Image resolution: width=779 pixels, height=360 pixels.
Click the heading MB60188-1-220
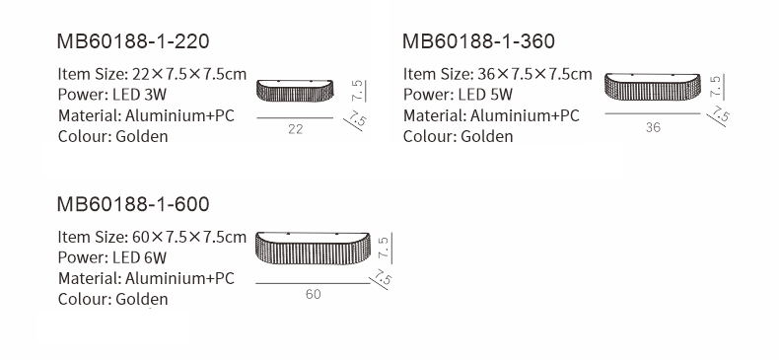pos(133,41)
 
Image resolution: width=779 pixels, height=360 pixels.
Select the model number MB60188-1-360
pos(478,41)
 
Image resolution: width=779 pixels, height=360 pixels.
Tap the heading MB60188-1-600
pos(133,204)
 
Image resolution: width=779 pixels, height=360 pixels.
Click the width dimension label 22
pos(295,129)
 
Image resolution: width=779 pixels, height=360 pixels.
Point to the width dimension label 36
pos(654,127)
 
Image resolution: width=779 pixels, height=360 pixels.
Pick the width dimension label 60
pos(313,294)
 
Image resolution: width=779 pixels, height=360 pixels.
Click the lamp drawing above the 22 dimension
pos(295,91)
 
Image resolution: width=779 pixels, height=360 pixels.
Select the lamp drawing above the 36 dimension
pos(653,87)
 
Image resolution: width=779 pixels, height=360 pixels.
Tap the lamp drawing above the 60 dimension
pos(313,248)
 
